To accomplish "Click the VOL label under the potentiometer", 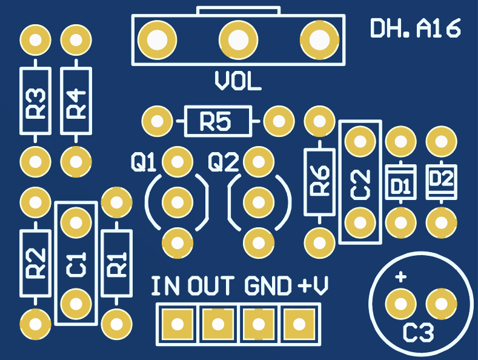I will pos(238,82).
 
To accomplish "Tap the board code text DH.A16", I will pos(416,28).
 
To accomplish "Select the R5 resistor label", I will pos(216,122).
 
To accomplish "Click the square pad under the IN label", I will pos(177,324).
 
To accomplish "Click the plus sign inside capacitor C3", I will pos(400,278).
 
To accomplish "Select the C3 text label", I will pos(419,332).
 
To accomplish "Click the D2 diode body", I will pos(441,180).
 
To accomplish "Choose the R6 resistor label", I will pos(319,181).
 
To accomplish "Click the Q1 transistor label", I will pos(144,162).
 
